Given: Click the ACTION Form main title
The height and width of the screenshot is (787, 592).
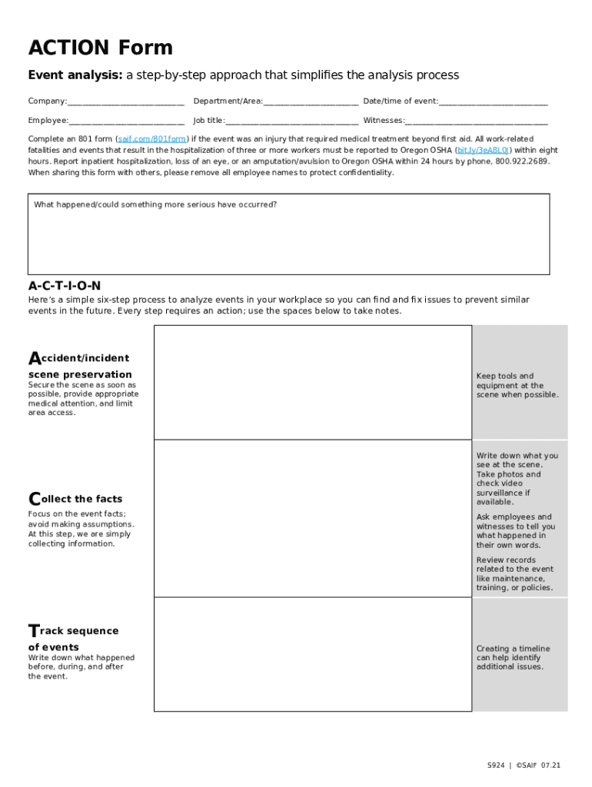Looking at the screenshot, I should coord(101,48).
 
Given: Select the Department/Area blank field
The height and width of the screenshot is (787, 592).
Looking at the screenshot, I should coord(311,101).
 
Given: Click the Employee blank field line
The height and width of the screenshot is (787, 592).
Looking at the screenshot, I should coord(126,121).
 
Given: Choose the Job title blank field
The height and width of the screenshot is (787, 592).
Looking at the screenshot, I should coord(291,121).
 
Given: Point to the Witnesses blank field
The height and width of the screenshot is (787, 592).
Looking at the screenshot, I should coord(476,121).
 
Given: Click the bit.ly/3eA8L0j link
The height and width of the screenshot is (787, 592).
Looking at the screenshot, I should coord(483,151).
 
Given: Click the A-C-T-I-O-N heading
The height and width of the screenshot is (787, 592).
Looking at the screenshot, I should coord(65,285).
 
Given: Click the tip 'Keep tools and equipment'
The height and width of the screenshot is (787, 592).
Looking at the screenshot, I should coord(517,386).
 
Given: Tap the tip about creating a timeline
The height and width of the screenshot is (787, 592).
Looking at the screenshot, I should coord(513,658).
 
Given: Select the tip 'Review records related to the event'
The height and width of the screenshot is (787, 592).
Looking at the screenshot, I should coord(514,574).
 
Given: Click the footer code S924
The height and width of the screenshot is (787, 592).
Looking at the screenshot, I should coord(496,765).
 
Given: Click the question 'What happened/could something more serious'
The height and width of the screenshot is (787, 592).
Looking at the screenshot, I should coord(155,204).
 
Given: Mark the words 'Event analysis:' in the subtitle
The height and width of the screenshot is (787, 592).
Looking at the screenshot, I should coord(75,75).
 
